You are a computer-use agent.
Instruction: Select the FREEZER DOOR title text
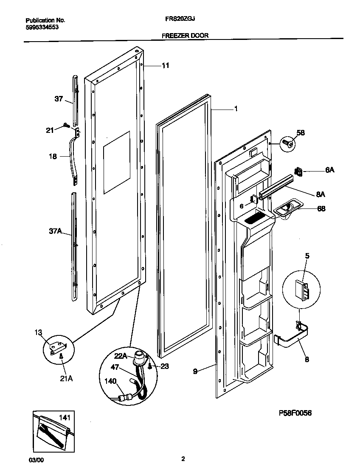coord(185,36)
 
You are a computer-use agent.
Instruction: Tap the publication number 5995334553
coord(42,27)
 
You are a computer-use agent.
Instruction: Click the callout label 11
coord(165,65)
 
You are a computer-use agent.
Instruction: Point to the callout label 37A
coord(55,231)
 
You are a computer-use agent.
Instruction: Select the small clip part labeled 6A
coord(298,172)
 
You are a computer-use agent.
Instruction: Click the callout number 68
coord(321,209)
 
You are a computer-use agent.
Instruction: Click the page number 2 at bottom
coord(183,459)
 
